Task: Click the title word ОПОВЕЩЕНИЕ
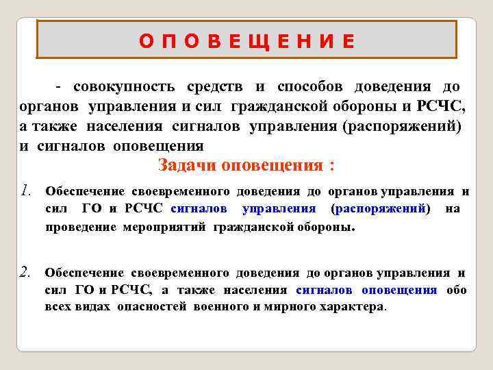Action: point(247,41)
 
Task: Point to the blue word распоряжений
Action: point(380,208)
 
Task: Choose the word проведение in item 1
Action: point(81,227)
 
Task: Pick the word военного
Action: point(217,306)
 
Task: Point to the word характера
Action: point(351,306)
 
